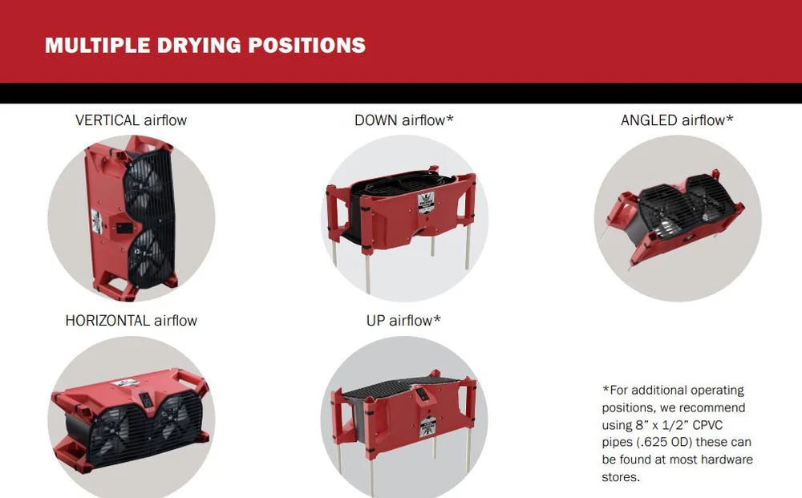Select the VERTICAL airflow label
click(131, 120)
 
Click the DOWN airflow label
click(404, 120)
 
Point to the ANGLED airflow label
click(677, 120)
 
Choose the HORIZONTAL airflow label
click(131, 321)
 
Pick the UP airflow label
click(403, 321)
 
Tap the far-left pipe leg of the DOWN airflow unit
click(334, 252)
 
